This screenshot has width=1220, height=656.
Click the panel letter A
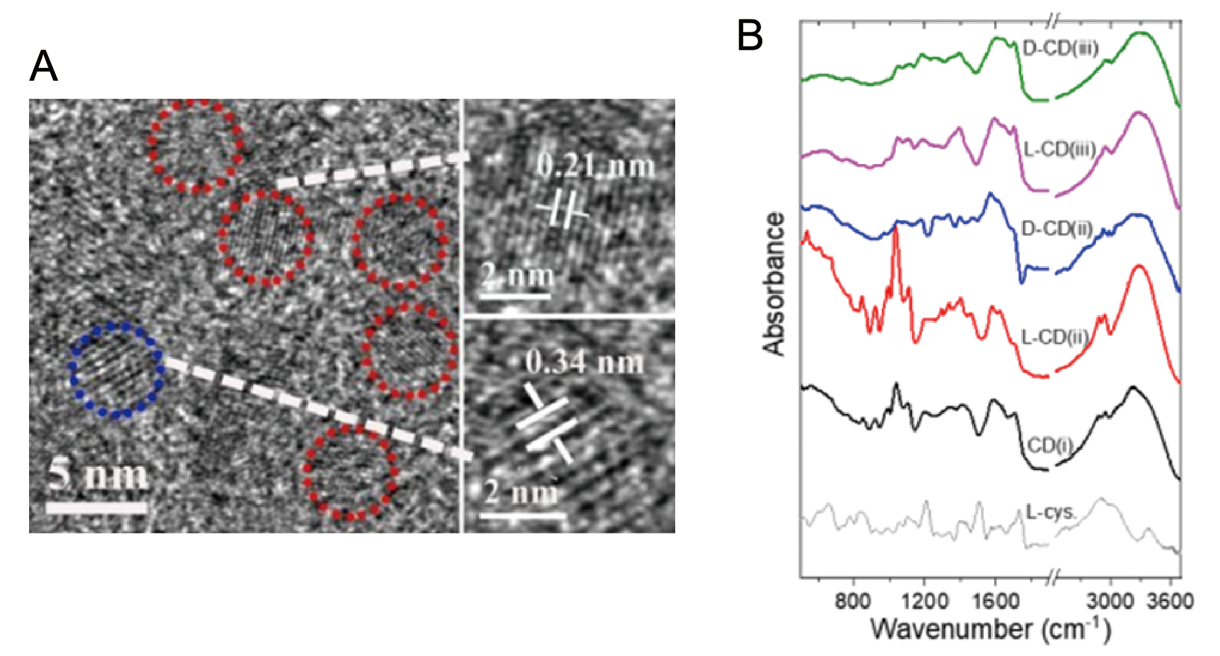pos(43,67)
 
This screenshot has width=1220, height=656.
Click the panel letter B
pos(750,36)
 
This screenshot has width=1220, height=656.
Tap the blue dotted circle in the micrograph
pos(116,370)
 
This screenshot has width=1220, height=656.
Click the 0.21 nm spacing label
pos(596,166)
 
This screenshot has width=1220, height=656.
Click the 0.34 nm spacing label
pos(585,362)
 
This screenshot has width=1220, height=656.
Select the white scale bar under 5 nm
pos(97,508)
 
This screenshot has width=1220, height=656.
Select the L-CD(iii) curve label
pos(1060,150)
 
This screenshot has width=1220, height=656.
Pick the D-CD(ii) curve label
pos(1057,229)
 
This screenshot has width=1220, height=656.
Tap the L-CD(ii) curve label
pos(1055,337)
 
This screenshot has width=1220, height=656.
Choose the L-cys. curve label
pos(1051,513)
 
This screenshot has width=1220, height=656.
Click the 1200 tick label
pos(924,601)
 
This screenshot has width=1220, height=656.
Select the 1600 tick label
pos(995,601)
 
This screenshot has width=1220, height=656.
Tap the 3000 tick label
pos(1110,601)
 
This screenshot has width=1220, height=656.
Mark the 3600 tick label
pos(1170,601)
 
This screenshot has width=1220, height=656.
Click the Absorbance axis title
pos(774,284)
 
